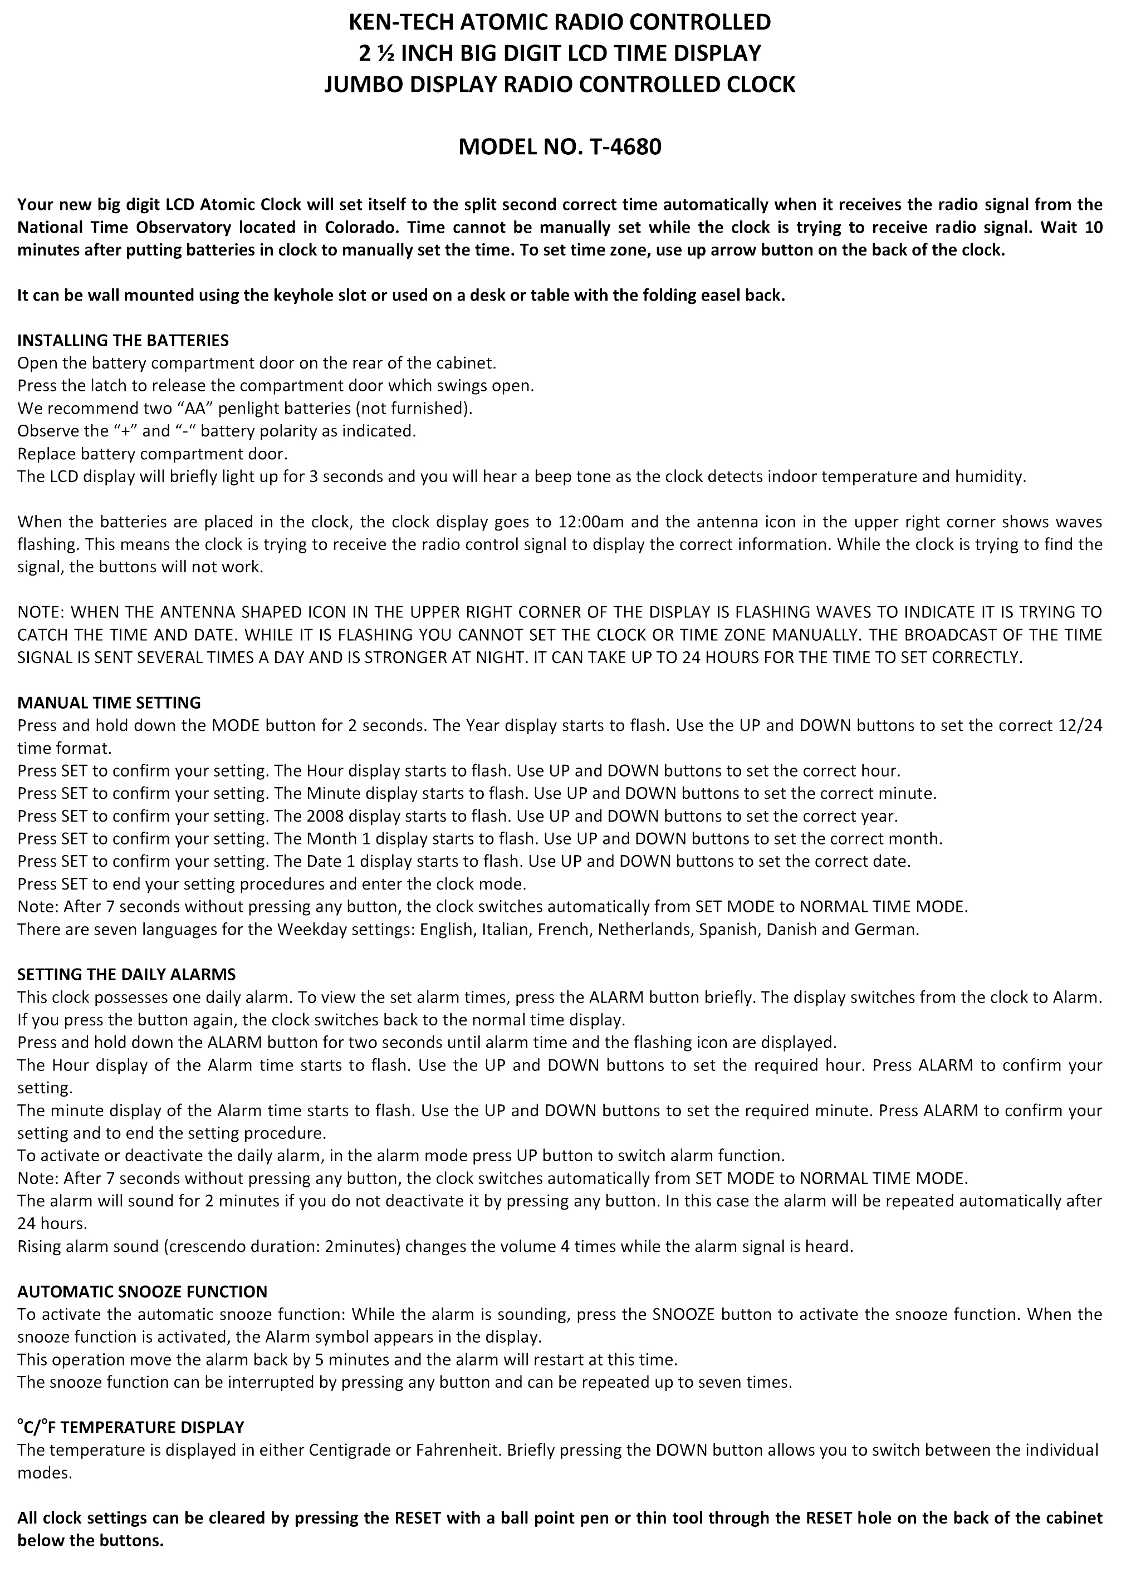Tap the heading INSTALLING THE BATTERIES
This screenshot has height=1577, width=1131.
click(123, 340)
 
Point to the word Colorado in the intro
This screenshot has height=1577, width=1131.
click(360, 227)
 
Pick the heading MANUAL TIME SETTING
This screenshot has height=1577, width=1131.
click(109, 702)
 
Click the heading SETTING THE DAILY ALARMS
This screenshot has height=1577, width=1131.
click(126, 974)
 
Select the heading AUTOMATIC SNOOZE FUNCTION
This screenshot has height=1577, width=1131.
click(142, 1291)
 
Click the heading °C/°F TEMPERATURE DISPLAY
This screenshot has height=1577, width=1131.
click(131, 1427)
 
